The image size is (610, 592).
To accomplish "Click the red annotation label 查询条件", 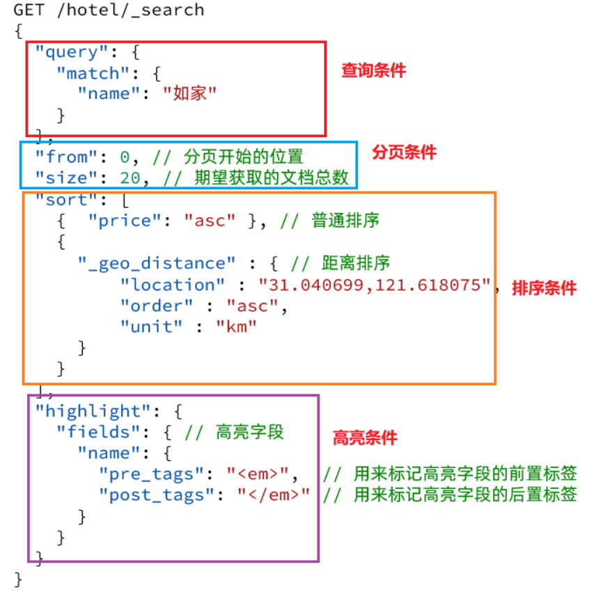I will coord(373,70).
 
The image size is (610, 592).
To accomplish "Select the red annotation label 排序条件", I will coord(544,288).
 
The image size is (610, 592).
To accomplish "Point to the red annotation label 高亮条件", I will coord(365,437).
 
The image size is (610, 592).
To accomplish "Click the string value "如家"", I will coord(189,93).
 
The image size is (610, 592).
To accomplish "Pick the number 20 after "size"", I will coord(130,178).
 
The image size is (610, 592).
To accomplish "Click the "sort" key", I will coord(61,200).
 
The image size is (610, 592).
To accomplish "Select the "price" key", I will coord(125,221).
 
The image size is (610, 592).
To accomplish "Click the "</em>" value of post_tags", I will coord(273,495).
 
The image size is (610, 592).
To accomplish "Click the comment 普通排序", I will coord(345,221).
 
